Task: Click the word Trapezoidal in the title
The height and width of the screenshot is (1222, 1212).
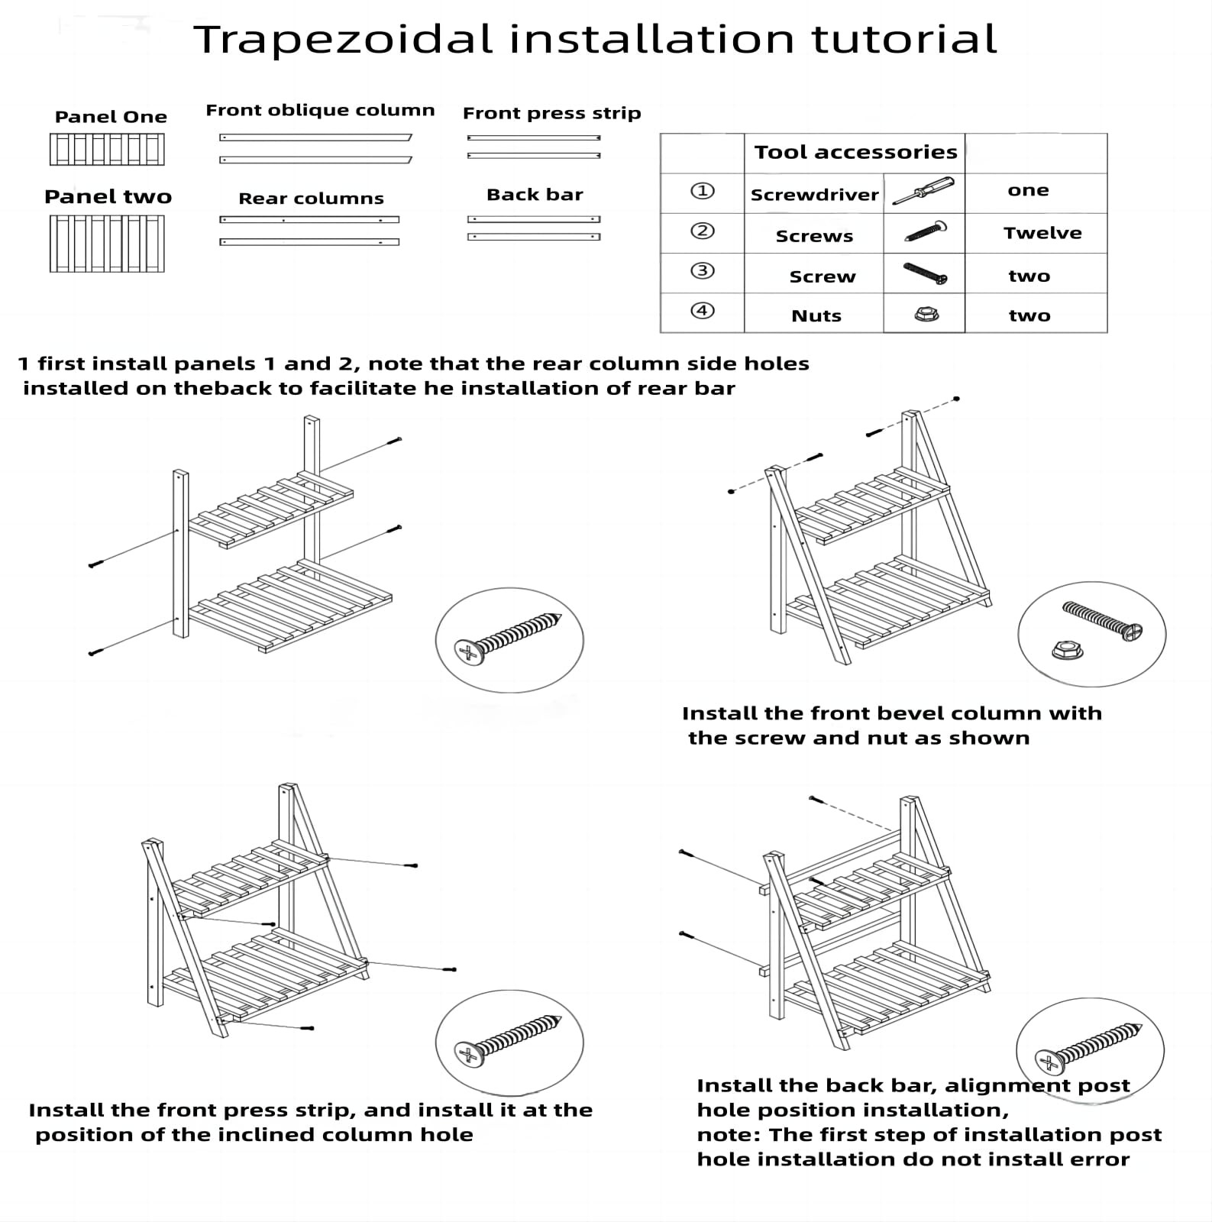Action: coord(343,40)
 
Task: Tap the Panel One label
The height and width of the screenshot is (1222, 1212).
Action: coord(111,117)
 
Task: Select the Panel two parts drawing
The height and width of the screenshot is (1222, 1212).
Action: coord(107,243)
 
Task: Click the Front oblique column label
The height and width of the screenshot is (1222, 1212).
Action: coord(320,110)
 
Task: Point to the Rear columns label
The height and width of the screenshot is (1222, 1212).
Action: coord(311,199)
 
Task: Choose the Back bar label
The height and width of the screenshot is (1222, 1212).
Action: coord(535,195)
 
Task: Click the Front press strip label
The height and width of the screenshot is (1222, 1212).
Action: coord(551,113)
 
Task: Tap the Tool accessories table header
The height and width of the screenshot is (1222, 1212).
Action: coord(855,152)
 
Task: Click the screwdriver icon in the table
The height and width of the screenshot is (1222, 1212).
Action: coord(923,192)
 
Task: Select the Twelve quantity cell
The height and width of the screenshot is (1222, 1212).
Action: coord(1042,233)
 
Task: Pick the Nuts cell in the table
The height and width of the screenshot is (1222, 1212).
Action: coord(816,315)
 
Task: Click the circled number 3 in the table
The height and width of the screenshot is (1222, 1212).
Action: coord(702,271)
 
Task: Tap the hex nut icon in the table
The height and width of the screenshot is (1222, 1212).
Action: coord(926,314)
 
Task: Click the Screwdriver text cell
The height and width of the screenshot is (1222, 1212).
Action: coord(814,195)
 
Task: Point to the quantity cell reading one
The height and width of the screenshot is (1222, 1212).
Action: coord(1028,190)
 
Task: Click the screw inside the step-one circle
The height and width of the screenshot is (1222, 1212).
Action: coord(508,635)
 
